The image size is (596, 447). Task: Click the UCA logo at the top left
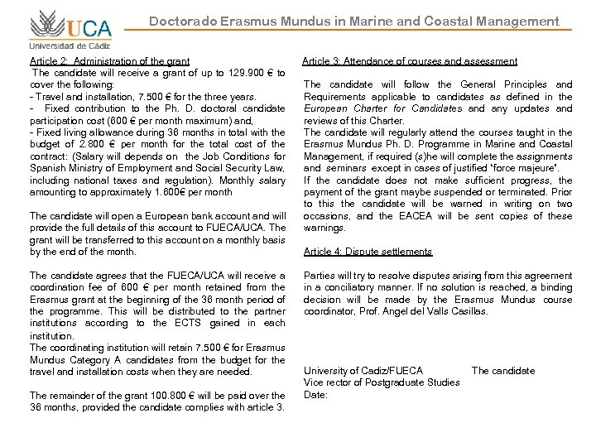pos(70,24)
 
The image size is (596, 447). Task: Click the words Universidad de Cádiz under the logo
pos(70,46)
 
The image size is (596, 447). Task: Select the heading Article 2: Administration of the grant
pos(110,61)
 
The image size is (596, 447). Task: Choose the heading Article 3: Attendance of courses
pos(410,61)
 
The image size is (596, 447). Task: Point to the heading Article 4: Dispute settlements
pos(368,252)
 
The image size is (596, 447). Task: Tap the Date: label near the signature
pos(316,395)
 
